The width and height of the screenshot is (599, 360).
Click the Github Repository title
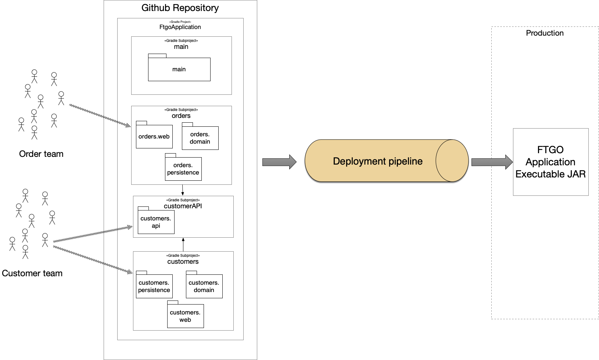pyautogui.click(x=180, y=8)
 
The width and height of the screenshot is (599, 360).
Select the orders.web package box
pyautogui.click(x=154, y=135)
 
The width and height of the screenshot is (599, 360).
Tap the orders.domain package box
pyautogui.click(x=200, y=136)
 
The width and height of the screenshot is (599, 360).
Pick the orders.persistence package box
pyautogui.click(x=183, y=167)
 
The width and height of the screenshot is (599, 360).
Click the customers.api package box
pyautogui.click(x=156, y=220)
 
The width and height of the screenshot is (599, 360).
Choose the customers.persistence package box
pyautogui.click(x=154, y=284)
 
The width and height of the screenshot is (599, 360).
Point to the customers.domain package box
pyautogui.click(x=204, y=284)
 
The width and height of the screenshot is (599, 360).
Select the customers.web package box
pyautogui.click(x=185, y=314)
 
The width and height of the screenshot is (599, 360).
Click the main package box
pyautogui.click(x=179, y=67)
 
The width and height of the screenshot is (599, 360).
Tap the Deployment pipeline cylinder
pyautogui.click(x=386, y=161)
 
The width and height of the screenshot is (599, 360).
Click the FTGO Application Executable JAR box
pyautogui.click(x=550, y=162)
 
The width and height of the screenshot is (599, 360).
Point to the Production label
pyautogui.click(x=545, y=33)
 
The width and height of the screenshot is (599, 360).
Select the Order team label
pyautogui.click(x=41, y=154)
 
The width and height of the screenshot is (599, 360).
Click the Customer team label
pyautogui.click(x=32, y=273)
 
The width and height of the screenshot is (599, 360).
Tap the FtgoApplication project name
pyautogui.click(x=180, y=27)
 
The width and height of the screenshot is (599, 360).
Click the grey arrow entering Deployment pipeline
pyautogui.click(x=279, y=162)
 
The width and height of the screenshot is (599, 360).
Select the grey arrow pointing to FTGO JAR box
pyautogui.click(x=492, y=162)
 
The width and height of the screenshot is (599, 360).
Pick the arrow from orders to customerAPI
pyautogui.click(x=183, y=190)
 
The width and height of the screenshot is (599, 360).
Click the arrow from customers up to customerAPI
pyautogui.click(x=183, y=245)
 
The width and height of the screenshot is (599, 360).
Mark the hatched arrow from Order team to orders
pyautogui.click(x=100, y=116)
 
